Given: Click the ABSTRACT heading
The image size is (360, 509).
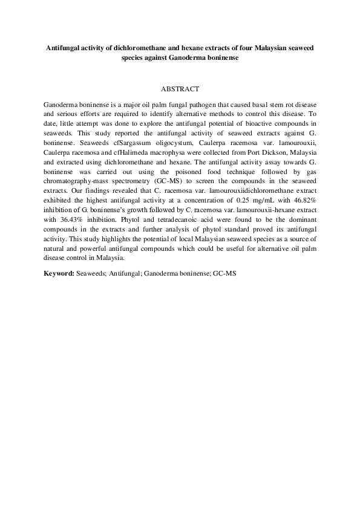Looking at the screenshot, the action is pyautogui.click(x=180, y=89).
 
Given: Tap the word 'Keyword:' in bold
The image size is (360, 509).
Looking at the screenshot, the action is pyautogui.click(x=59, y=273).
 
